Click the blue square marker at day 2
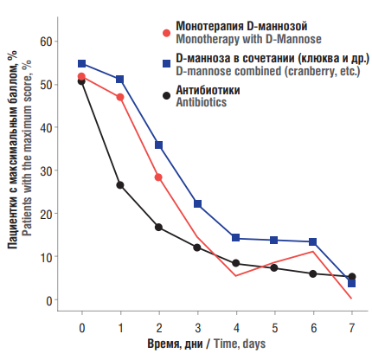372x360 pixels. [158, 145]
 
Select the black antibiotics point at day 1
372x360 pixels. [120, 185]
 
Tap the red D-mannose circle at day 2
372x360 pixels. [158, 177]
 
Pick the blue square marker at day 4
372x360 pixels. [235, 237]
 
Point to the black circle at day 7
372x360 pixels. [352, 276]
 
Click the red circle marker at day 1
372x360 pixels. [120, 97]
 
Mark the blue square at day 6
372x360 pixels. [312, 241]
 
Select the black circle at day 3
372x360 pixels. [197, 247]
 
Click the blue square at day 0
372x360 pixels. [82, 63]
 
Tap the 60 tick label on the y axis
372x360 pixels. [46, 42]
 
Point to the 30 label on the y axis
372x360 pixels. [46, 170]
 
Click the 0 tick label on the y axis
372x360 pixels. [49, 300]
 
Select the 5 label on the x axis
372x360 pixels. [274, 328]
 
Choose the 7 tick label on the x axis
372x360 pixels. [351, 328]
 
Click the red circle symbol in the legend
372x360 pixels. [166, 33]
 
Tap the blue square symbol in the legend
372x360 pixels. [166, 63]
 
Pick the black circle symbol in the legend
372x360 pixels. [166, 95]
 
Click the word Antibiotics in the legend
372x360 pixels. [202, 102]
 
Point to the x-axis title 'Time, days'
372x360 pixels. [240, 344]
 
